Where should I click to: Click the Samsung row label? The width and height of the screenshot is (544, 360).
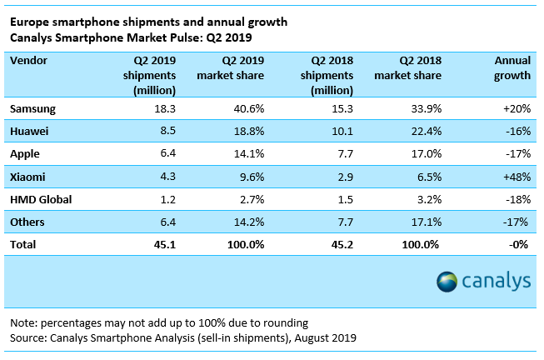pyautogui.click(x=32, y=109)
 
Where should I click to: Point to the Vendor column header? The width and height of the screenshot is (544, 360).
pyautogui.click(x=28, y=61)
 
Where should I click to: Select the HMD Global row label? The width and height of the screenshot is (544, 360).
pyautogui.click(x=41, y=200)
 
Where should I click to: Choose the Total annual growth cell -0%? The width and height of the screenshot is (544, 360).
pyautogui.click(x=519, y=245)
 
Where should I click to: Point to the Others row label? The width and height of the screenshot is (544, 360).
pyautogui.click(x=27, y=222)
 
